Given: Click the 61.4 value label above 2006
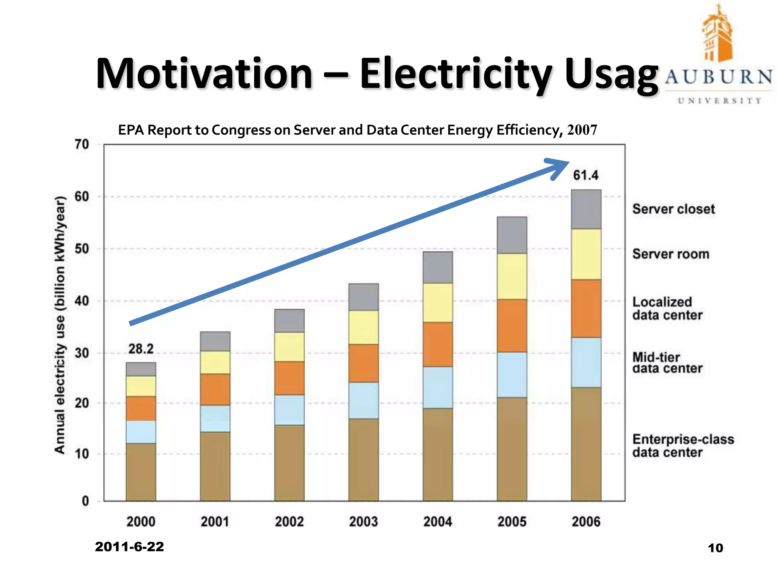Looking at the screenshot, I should pos(585,175).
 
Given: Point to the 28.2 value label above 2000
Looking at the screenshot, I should pos(141,349).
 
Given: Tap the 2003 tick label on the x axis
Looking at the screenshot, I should pos(363,522).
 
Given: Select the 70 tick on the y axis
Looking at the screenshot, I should pos(82,144).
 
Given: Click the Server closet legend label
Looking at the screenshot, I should pos(673,209).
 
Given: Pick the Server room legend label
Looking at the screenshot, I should pos(671,254).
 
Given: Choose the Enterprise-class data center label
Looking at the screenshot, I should pos(683,446).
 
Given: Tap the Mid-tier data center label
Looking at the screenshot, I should pos(667,363).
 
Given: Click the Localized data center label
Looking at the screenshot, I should pos(667,309).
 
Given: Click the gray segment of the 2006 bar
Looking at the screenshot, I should pos(586,209).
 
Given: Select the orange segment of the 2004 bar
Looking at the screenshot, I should pos(438,344).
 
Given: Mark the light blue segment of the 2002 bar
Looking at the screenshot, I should pos(289,410).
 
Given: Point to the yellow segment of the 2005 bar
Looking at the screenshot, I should pos(512,276).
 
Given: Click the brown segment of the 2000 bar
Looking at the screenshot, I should pos(141,472).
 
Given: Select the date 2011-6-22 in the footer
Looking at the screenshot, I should pos(129,547).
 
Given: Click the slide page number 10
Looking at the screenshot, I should pos(716,548).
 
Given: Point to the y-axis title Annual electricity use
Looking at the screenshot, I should pos(60,325).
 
